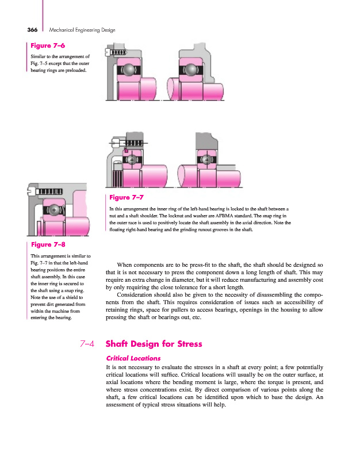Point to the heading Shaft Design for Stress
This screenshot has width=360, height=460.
[x=154, y=344]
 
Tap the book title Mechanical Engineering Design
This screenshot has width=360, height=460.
[x=82, y=29]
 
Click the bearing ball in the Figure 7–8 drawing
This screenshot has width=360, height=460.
[x=55, y=210]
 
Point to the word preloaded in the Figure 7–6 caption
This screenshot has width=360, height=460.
[x=75, y=71]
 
